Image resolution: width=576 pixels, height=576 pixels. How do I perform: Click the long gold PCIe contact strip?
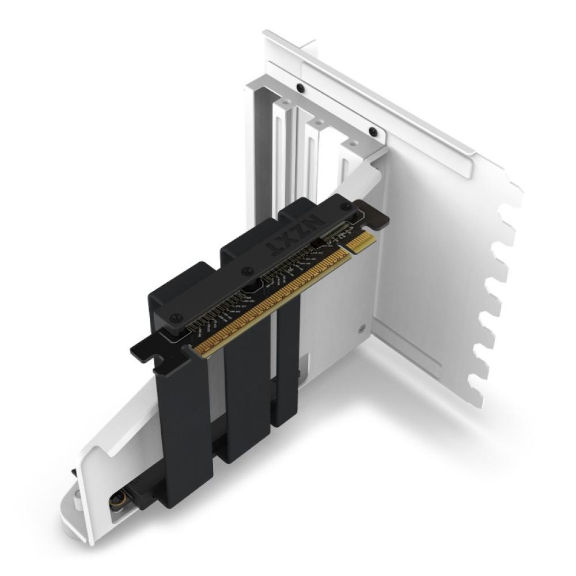(x=271, y=300)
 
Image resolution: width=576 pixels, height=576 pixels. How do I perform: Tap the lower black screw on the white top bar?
(x=373, y=132)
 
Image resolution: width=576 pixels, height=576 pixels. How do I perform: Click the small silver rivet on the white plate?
(x=362, y=329)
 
